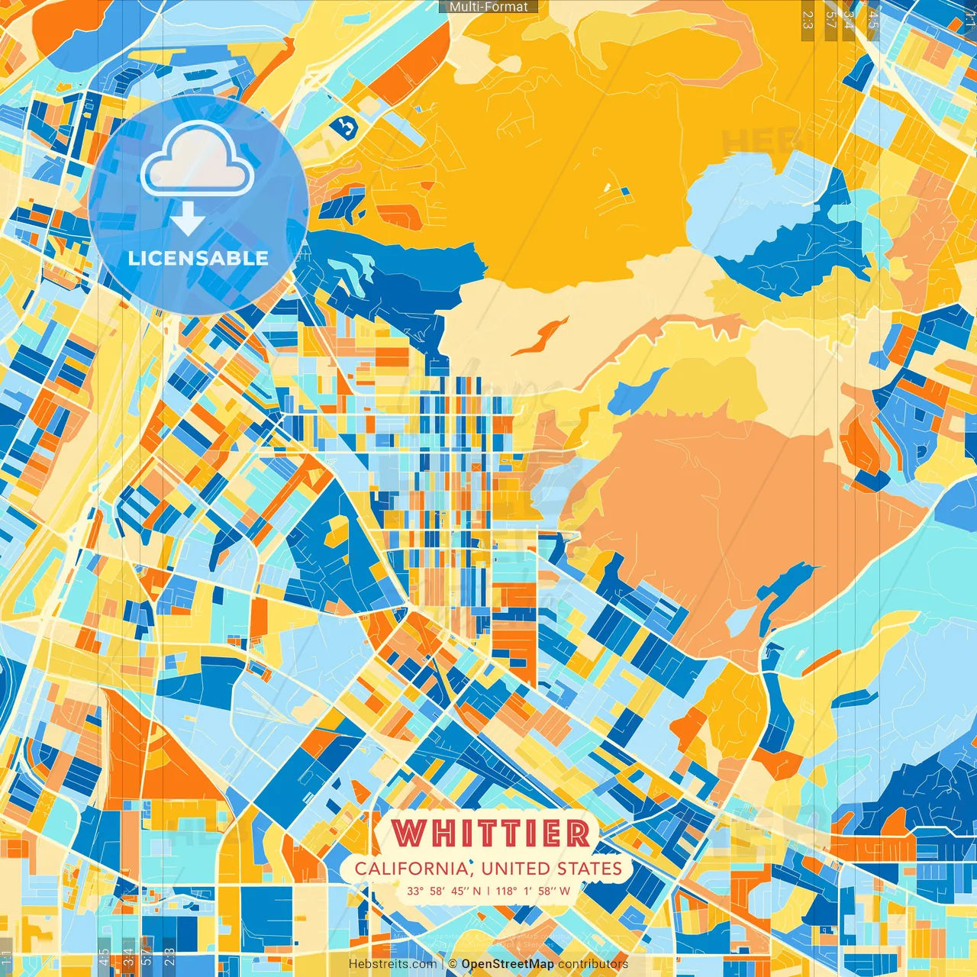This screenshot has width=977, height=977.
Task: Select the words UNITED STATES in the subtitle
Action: pos(552,869)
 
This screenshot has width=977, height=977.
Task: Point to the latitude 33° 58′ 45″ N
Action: pos(443,891)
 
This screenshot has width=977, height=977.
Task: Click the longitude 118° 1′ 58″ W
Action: pos(533,891)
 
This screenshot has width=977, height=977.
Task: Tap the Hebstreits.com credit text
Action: pos(392,964)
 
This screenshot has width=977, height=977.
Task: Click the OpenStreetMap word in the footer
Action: pos(507,964)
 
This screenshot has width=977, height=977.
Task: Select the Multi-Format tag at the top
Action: pos(488,7)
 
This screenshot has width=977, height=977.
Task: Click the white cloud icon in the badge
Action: pos(197,160)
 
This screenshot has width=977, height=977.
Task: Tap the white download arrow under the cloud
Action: pos(188,221)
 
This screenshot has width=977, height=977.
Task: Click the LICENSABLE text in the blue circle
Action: pos(198,258)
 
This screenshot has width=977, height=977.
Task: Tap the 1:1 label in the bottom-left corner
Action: pos(7,959)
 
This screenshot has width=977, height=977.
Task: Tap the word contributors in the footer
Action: pos(592,964)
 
